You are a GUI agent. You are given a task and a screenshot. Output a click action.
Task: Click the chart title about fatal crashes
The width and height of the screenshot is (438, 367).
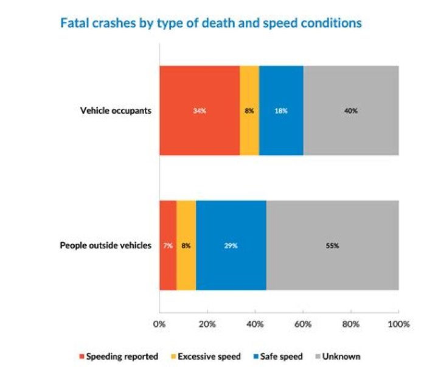tap(211, 23)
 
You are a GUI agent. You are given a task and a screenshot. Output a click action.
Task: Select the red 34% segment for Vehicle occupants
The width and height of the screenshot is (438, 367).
tap(200, 110)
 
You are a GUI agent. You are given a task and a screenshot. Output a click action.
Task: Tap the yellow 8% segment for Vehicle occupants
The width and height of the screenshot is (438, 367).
tap(249, 110)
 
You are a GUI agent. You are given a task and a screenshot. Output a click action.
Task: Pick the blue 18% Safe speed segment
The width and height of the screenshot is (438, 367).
tap(281, 110)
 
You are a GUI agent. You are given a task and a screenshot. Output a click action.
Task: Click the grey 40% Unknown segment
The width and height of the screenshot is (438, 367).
tap(351, 110)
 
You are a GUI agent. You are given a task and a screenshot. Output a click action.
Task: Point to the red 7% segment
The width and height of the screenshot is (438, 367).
tap(168, 245)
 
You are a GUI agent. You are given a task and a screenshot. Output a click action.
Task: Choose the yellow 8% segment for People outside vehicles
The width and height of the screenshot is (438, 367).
tap(186, 245)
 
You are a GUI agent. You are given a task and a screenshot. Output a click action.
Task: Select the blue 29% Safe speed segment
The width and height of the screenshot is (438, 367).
tap(231, 245)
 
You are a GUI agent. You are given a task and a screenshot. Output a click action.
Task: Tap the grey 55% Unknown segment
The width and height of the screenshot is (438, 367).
tap(333, 245)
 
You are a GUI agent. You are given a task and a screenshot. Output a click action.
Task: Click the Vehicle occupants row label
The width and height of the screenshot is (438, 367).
tap(116, 111)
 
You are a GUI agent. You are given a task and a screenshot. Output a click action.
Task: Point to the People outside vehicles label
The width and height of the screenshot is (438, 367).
tap(106, 245)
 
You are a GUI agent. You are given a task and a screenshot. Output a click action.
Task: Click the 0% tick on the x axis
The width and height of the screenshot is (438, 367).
tap(159, 324)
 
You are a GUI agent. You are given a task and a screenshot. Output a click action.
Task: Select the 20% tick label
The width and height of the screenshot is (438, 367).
tap(207, 324)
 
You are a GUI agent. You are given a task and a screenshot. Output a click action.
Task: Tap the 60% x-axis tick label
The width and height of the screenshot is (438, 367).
tap(303, 324)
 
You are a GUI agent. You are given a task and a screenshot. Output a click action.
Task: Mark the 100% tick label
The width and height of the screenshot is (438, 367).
tap(398, 324)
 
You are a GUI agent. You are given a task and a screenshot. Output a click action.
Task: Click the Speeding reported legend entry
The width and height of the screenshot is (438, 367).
tap(119, 357)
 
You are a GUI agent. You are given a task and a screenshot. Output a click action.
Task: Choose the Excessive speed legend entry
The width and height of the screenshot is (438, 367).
tap(206, 357)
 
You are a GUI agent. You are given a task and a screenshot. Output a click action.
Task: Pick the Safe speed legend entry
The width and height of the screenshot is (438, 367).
tap(278, 357)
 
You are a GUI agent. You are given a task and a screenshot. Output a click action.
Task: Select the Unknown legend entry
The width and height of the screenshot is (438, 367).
tap(338, 357)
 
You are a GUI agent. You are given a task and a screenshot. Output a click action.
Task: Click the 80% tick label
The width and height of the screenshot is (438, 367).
tap(351, 324)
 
